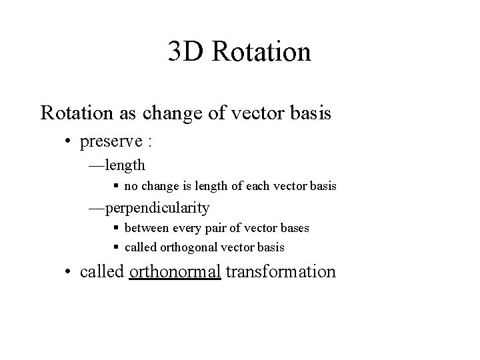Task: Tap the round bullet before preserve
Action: pos(69,142)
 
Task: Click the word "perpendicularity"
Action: pos(157,208)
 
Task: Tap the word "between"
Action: pos(145,228)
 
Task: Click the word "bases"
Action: pos(293,228)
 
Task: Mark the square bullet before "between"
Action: pos(116,228)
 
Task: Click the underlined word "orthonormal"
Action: pos(175,272)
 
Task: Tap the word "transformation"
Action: pos(281,272)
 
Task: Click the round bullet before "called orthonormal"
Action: pos(69,272)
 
